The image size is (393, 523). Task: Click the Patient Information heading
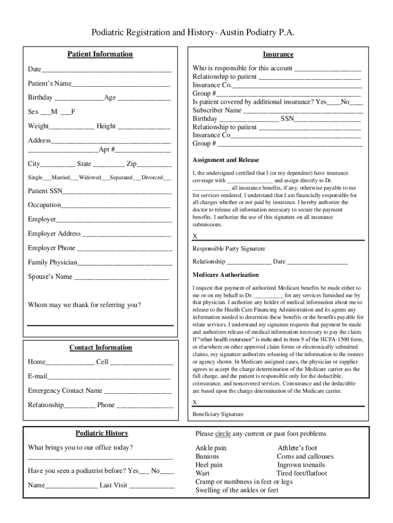pyautogui.click(x=101, y=55)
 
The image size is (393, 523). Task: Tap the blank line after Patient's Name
pyautogui.click(x=120, y=84)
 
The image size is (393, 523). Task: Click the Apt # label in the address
pyautogui.click(x=107, y=150)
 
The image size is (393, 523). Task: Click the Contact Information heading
pyautogui.click(x=101, y=348)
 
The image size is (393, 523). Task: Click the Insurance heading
pyautogui.click(x=278, y=55)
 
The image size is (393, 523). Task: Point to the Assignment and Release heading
pyautogui.click(x=226, y=160)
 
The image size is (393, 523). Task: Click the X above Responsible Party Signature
pyautogui.click(x=194, y=236)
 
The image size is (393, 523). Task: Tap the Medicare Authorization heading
pyautogui.click(x=226, y=275)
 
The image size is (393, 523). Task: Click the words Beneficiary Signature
pyautogui.click(x=218, y=414)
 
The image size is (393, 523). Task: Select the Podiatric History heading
pyautogui.click(x=102, y=434)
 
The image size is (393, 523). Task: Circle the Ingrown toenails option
pyautogui.click(x=301, y=465)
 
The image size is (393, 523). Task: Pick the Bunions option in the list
pyautogui.click(x=207, y=457)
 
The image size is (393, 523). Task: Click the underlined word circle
pyautogui.click(x=223, y=434)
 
